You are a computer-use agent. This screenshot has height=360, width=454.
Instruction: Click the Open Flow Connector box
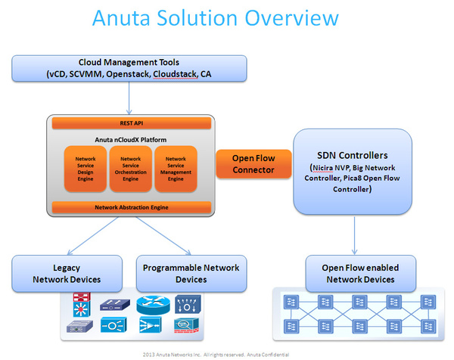pyautogui.click(x=253, y=164)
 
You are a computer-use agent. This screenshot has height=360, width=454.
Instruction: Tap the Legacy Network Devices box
pyautogui.click(x=67, y=273)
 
